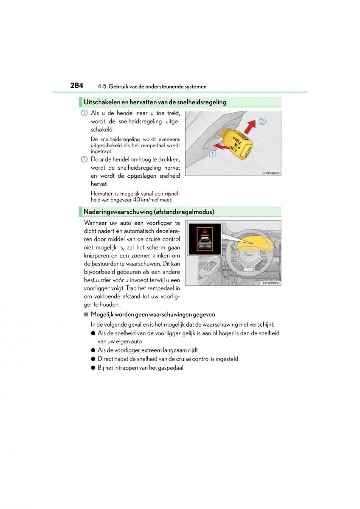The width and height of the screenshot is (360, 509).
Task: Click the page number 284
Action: point(76,85)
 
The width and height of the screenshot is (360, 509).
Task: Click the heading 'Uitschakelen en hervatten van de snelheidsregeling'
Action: point(155,102)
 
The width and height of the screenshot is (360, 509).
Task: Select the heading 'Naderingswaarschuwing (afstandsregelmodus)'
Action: point(149,212)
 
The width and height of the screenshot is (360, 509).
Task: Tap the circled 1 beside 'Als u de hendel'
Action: point(84,113)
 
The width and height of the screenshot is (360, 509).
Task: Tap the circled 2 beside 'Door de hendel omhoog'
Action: point(84,159)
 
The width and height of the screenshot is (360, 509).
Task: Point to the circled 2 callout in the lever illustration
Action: point(262,121)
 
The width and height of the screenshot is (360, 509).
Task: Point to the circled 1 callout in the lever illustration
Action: point(212,154)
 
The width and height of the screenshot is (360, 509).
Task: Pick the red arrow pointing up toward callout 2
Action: point(250,126)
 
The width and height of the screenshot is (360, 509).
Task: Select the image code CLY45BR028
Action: point(272,173)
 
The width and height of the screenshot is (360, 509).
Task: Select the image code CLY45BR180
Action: point(272,283)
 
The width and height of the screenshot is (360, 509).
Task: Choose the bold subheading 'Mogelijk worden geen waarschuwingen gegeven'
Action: point(153,315)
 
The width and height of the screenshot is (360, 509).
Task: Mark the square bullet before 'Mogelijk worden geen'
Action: point(86,315)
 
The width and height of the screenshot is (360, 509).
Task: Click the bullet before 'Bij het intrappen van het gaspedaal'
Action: point(93,368)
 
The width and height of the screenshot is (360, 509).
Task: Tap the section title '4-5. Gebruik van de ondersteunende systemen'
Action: point(152,87)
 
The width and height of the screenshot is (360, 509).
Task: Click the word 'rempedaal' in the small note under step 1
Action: point(154,145)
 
